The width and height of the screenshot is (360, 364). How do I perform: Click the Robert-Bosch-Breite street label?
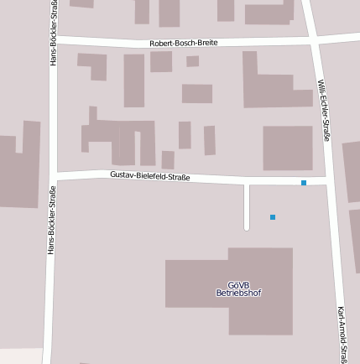(x=183, y=43)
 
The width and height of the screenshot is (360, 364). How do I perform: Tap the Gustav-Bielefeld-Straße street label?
(x=150, y=176)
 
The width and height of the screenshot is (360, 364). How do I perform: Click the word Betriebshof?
(x=238, y=294)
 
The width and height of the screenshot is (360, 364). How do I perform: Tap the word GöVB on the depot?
(x=238, y=285)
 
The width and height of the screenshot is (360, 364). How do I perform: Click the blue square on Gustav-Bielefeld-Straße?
(x=304, y=183)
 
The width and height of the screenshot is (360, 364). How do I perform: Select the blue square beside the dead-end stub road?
(x=273, y=217)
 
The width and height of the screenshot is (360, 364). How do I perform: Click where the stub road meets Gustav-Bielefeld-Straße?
(x=247, y=181)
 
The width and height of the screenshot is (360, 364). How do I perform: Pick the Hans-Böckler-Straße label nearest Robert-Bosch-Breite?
(x=54, y=34)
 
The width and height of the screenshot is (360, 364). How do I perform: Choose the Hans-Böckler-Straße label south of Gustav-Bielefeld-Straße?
(x=52, y=220)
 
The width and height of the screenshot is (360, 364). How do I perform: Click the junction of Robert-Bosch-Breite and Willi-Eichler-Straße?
(x=313, y=39)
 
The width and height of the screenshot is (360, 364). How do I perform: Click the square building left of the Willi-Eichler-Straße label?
(x=288, y=148)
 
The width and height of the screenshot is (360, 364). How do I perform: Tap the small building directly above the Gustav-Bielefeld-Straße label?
(x=168, y=159)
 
